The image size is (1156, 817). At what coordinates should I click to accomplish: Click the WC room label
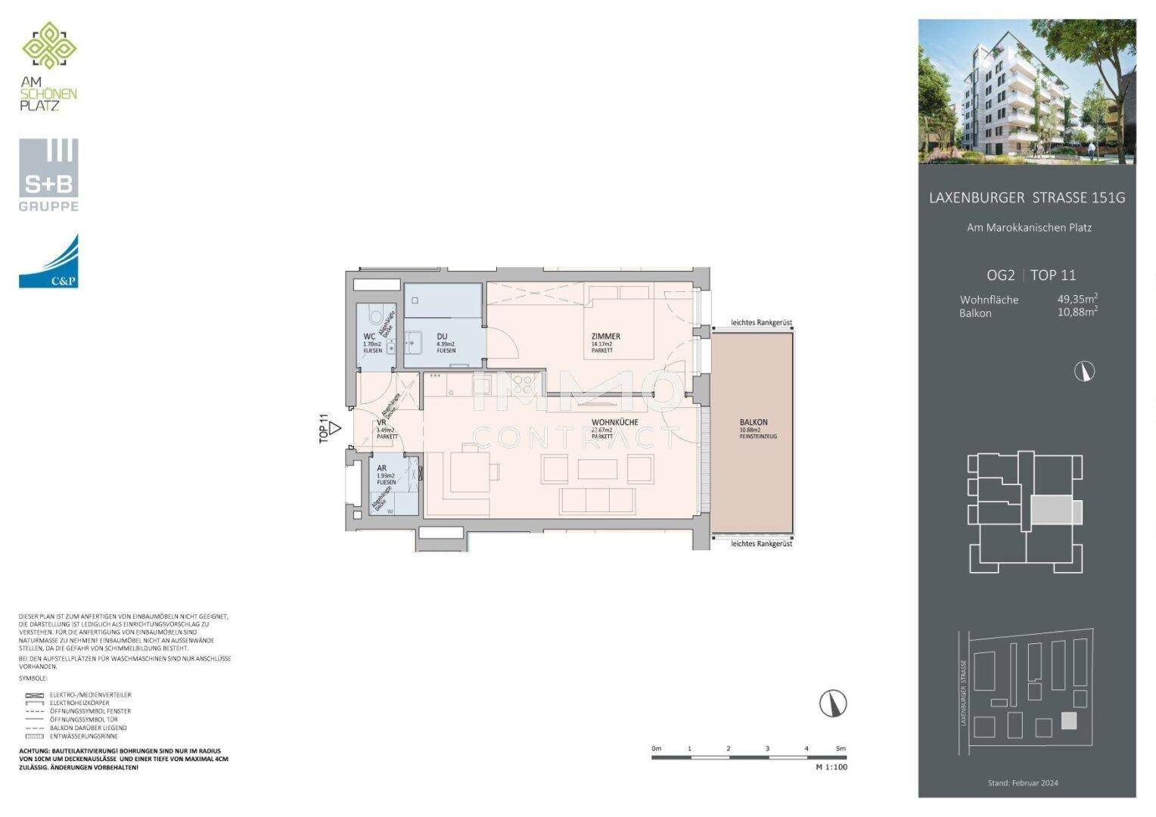coord(369,337)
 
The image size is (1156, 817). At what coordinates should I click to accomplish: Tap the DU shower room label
coord(442,337)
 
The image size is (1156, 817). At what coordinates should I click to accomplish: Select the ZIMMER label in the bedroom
coord(605,337)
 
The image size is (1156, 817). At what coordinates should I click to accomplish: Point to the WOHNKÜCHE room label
coord(614,422)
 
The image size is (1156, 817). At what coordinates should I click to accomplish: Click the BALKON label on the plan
coord(754,422)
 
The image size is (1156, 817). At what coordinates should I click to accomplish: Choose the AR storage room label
coord(382,468)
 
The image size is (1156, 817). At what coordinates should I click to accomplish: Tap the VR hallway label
coord(381,423)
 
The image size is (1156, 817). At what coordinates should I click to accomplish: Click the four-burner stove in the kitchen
coord(521,385)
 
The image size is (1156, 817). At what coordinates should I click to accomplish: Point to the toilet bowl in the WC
coord(374,315)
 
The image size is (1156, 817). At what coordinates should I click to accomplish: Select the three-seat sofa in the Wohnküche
coord(597,500)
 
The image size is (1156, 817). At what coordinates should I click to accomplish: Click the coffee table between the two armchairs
coord(597,469)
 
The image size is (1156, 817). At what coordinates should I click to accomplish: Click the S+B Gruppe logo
coord(48,175)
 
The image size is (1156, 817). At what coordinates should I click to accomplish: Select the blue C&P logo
coord(48,261)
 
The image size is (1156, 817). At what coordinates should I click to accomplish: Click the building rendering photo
coord(1027,92)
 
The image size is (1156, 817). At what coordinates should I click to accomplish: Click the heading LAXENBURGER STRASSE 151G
coord(1027,198)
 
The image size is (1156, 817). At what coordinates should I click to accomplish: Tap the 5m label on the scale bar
coord(840,748)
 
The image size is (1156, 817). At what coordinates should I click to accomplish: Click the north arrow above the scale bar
coord(833,704)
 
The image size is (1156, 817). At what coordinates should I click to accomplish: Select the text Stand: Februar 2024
coord(1023,783)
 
